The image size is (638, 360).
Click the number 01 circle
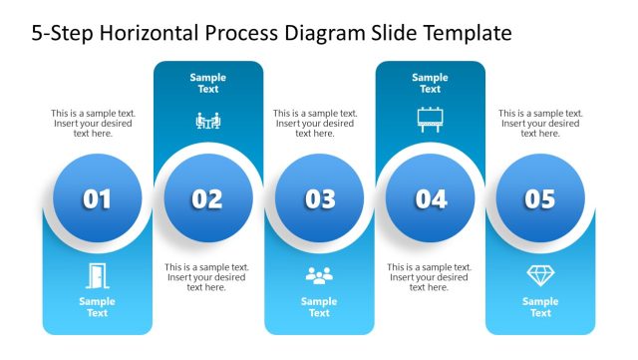(x=97, y=199)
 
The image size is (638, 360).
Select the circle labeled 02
(x=207, y=199)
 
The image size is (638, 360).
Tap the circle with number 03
(x=319, y=199)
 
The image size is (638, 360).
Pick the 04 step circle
(x=431, y=199)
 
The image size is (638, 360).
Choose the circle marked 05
(x=539, y=199)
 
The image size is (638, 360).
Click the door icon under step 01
(x=97, y=275)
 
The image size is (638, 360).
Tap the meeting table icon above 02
(x=207, y=121)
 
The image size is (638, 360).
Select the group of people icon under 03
(x=319, y=276)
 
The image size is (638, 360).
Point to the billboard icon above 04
(x=430, y=120)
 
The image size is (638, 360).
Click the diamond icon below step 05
(x=539, y=276)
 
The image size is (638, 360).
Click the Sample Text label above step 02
(x=207, y=83)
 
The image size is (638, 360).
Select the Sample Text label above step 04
(x=430, y=83)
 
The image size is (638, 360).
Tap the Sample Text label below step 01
(x=97, y=307)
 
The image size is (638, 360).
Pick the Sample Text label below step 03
(x=319, y=307)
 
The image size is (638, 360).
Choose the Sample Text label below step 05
(x=539, y=307)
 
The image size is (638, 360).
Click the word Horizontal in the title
(x=153, y=34)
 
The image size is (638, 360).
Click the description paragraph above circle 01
(x=94, y=124)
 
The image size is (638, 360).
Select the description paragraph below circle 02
(x=206, y=277)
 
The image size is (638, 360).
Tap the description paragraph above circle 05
(x=540, y=124)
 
